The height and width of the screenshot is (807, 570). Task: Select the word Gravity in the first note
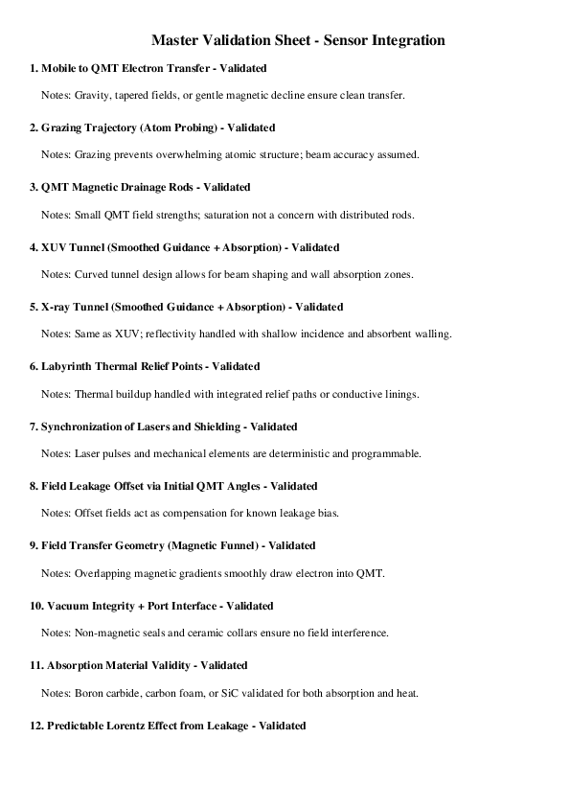pos(93,95)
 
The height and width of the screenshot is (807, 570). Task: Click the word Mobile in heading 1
pos(59,68)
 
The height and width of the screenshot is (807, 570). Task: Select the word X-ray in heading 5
pos(57,307)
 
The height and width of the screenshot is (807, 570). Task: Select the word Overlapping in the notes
pos(103,573)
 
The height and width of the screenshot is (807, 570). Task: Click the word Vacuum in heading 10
pos(66,606)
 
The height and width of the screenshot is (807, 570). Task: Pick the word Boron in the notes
pos(89,693)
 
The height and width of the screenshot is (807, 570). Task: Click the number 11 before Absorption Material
pos(35,665)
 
